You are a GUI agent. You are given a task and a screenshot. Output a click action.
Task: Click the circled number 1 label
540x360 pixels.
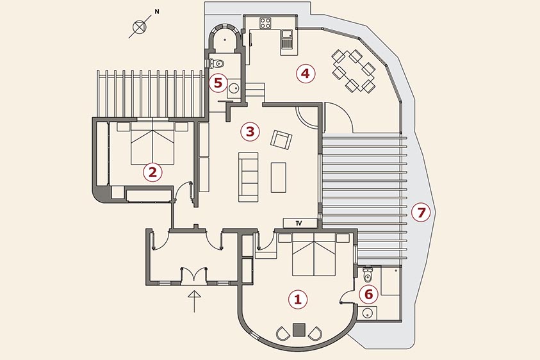point(298,299)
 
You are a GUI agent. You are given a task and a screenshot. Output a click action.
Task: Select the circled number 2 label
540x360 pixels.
point(152,172)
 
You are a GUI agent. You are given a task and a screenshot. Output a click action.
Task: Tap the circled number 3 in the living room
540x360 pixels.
point(250,131)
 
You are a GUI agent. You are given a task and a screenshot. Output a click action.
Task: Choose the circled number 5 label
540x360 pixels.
point(218,83)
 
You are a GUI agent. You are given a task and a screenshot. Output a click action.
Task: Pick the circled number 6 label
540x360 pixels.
point(368,295)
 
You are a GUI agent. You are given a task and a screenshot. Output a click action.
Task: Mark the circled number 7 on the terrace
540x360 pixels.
point(421,213)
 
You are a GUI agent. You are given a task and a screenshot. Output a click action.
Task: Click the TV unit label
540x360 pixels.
point(299,223)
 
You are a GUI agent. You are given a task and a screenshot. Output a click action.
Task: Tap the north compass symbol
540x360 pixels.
point(140,26)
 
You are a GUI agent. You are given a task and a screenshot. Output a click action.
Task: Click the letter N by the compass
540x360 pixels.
point(157,12)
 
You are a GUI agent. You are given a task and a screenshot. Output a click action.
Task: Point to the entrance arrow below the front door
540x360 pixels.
point(195,301)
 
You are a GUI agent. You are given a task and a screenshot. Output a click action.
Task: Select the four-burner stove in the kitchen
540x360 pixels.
point(265,22)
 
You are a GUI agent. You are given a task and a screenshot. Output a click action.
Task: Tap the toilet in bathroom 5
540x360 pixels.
point(217,63)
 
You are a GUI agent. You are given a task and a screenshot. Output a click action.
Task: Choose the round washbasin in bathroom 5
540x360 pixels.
point(234,88)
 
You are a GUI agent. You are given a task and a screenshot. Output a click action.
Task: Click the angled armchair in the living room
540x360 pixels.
point(281,140)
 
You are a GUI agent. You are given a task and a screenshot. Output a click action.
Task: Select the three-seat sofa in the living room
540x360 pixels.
point(249,177)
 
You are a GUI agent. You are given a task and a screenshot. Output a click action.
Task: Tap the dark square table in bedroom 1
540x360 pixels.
point(299,329)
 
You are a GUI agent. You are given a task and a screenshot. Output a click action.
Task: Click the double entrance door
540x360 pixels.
point(194,275)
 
